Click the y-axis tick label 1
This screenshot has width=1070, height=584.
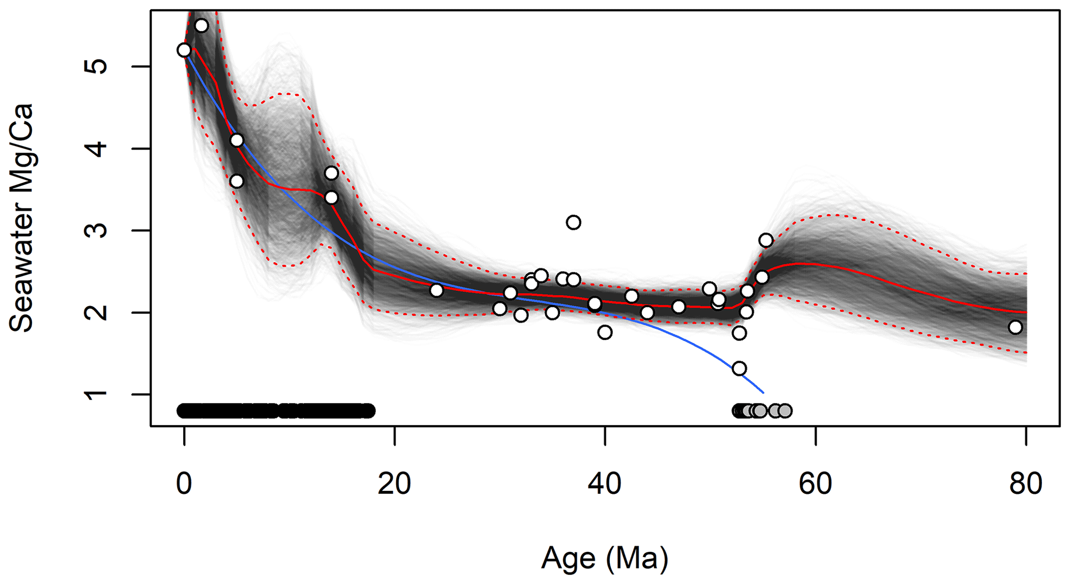96,395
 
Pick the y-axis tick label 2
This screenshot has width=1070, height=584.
96,313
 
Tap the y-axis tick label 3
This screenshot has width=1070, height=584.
96,230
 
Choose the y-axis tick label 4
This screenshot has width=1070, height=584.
96,149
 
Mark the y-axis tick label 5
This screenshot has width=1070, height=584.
96,67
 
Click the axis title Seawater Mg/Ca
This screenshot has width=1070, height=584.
22,217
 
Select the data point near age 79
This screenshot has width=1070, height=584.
1015,327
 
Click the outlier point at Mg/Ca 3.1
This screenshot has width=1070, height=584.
573,223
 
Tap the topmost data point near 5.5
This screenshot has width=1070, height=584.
201,26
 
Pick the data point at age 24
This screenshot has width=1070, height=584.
436,290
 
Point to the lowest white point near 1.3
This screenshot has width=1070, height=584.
739,369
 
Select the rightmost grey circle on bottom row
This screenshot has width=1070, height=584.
785,411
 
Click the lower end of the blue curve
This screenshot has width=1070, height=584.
763,392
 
